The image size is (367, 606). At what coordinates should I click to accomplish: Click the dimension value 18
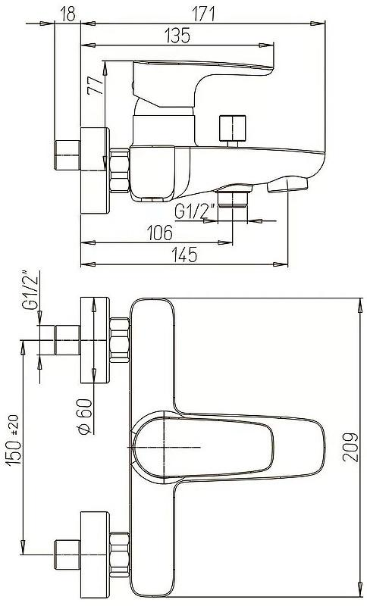pyautogui.click(x=67, y=14)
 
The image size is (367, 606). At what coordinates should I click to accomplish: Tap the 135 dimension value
pyautogui.click(x=177, y=36)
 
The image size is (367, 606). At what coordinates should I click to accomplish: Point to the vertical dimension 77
pyautogui.click(x=95, y=85)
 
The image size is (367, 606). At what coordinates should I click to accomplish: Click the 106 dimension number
pyautogui.click(x=159, y=233)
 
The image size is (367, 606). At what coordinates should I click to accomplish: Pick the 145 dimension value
pyautogui.click(x=185, y=255)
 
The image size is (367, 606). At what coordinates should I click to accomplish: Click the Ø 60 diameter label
pyautogui.click(x=85, y=416)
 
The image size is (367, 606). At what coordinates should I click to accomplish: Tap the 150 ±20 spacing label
pyautogui.click(x=14, y=440)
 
